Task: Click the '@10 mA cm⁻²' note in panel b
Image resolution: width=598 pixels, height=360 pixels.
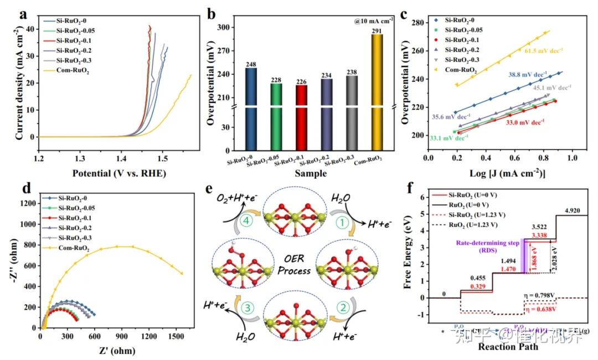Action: [x=375, y=20]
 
